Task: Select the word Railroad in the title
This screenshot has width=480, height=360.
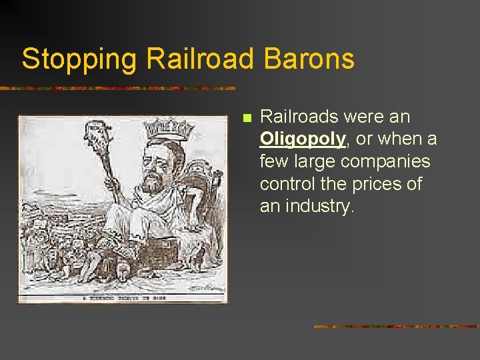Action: point(199,59)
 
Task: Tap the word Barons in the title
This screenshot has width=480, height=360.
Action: point(309,59)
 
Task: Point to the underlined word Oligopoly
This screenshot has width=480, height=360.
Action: point(303,139)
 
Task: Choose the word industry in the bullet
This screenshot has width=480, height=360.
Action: point(319,207)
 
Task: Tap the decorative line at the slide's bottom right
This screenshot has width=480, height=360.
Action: point(396,327)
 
